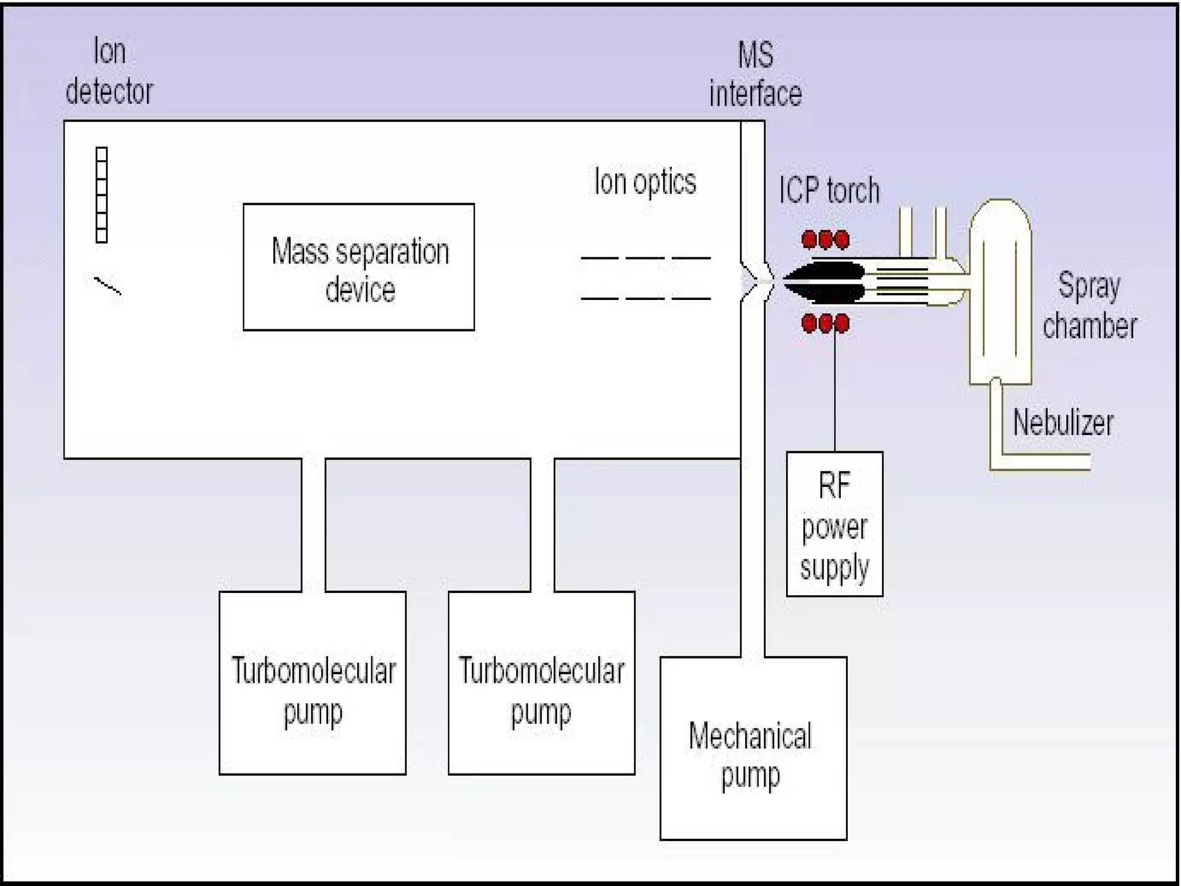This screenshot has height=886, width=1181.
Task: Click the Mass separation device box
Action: coord(359,267)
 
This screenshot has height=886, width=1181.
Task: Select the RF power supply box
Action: coord(834,524)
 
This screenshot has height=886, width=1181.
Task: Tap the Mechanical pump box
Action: coord(753,748)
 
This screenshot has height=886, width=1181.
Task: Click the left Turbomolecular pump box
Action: coord(313,682)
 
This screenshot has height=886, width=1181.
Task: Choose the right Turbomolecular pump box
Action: coord(541,682)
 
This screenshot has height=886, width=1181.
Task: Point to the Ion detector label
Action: coord(109,72)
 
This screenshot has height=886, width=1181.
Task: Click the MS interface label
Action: coord(755,74)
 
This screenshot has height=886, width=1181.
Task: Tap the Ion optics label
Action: coord(645,182)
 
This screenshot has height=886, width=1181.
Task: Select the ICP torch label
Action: coord(829,190)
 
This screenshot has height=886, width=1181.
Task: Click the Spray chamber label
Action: coord(1089,306)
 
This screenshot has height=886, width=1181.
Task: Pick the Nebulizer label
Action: coord(1063,423)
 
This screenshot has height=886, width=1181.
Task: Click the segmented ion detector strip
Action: coord(101,195)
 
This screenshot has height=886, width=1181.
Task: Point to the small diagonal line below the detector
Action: coord(107,286)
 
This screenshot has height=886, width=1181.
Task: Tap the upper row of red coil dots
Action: coord(825,239)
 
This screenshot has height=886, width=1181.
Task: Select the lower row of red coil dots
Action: coord(825,323)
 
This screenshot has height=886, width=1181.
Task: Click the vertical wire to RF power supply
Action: coord(834,392)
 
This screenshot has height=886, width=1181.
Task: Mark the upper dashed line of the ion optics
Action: coord(645,258)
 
